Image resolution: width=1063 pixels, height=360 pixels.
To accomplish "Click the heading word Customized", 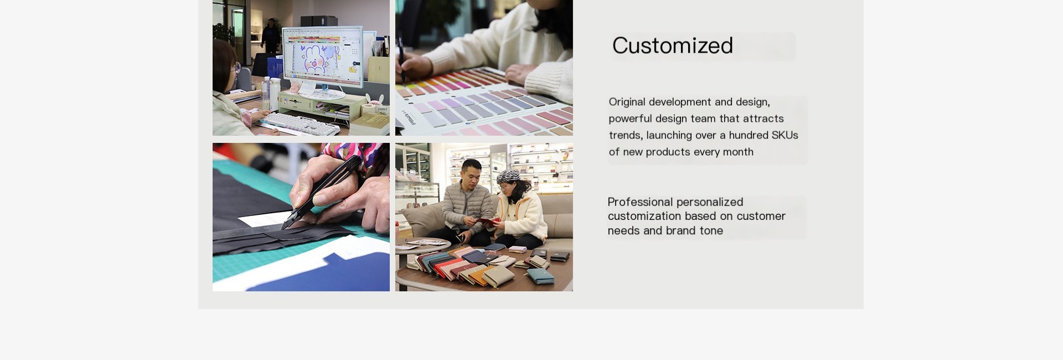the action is coord(673,45).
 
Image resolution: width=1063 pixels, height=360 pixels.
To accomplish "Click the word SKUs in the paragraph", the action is coord(785,135).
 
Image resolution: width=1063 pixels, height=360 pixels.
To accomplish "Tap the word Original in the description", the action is coord(627,102).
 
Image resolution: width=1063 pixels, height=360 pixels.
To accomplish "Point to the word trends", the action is coord(626,135).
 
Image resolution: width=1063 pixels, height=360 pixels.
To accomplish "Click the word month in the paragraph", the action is coord(737,152).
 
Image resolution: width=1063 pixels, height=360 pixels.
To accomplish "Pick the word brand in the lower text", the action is coord(682,230).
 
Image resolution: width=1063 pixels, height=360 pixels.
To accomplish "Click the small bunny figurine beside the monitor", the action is coord(378,100).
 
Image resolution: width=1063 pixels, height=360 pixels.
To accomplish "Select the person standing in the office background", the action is coord(271,37).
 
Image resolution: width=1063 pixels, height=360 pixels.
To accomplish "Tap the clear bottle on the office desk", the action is coord(266,93).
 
